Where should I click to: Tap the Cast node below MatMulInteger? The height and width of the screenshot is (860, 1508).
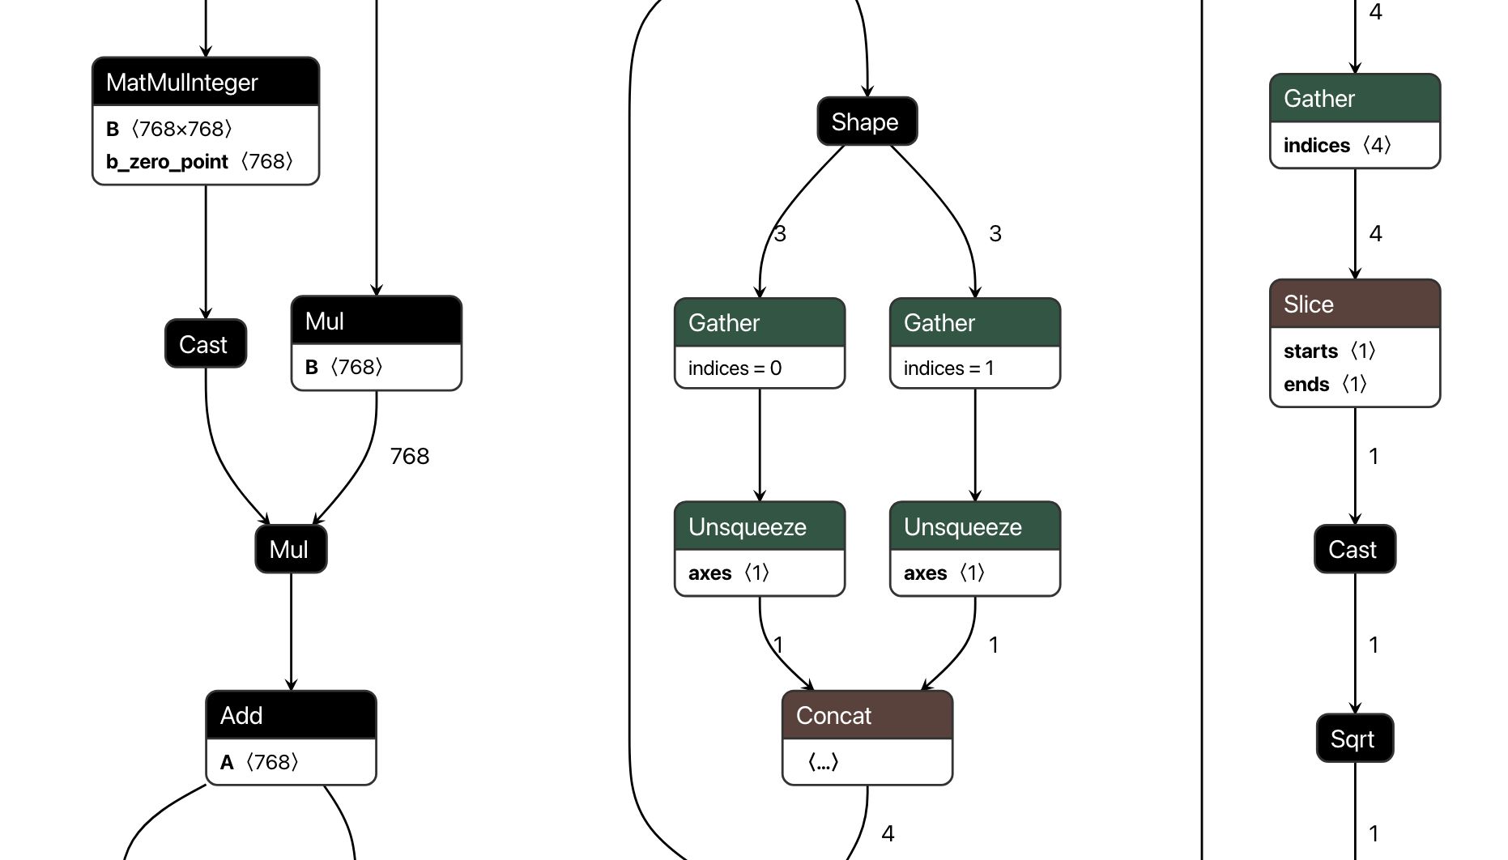pyautogui.click(x=206, y=344)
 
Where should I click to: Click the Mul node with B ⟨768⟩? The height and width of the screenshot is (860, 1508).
pyautogui.click(x=376, y=321)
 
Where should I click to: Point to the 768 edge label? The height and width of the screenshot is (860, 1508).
pyautogui.click(x=410, y=457)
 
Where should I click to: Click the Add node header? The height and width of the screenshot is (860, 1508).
pyautogui.click(x=291, y=716)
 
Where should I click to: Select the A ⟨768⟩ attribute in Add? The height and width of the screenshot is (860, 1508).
pyautogui.click(x=259, y=763)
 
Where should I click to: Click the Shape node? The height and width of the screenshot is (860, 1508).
pyautogui.click(x=867, y=122)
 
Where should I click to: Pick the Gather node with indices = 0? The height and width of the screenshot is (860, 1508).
pyautogui.click(x=759, y=323)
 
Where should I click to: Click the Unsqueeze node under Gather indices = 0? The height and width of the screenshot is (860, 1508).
pyautogui.click(x=759, y=527)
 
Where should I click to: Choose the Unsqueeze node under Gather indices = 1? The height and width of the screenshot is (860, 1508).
pyautogui.click(x=974, y=527)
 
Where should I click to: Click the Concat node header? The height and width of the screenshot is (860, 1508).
pyautogui.click(x=867, y=716)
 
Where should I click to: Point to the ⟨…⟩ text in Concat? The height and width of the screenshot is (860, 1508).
pyautogui.click(x=823, y=763)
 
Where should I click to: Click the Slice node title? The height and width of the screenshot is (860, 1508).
pyautogui.click(x=1354, y=304)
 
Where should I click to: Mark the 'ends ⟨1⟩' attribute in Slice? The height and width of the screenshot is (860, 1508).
pyautogui.click(x=1325, y=385)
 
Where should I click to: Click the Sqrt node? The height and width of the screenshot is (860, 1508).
pyautogui.click(x=1354, y=739)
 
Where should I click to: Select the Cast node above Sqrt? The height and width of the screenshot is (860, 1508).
pyautogui.click(x=1354, y=550)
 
